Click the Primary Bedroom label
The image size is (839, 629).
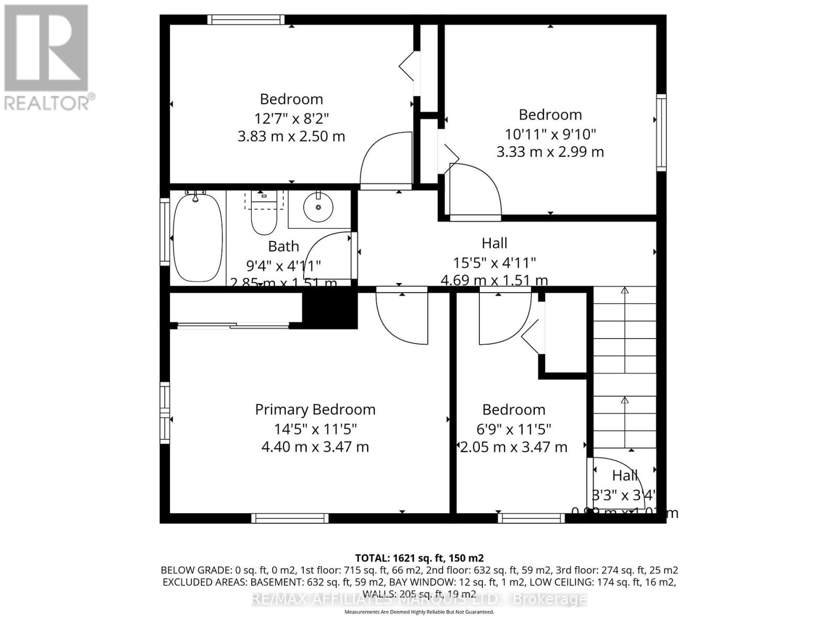click(x=315, y=409)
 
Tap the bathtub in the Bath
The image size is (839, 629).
click(x=197, y=237)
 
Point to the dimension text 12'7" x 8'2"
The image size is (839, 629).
click(x=291, y=118)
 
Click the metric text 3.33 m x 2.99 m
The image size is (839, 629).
click(x=550, y=152)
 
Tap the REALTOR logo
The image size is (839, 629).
click(x=47, y=58)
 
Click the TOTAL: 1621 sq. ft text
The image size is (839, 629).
click(x=419, y=558)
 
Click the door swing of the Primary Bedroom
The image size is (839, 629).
click(x=401, y=317)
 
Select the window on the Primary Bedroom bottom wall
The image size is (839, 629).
click(x=290, y=518)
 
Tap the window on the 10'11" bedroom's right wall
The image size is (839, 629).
click(x=661, y=133)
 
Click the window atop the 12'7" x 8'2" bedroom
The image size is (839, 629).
click(x=246, y=20)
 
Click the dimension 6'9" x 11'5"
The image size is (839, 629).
click(x=513, y=429)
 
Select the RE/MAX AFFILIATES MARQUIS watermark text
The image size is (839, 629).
click(x=419, y=599)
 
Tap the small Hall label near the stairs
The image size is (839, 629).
click(x=625, y=476)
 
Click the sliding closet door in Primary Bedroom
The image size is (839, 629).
click(x=233, y=326)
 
